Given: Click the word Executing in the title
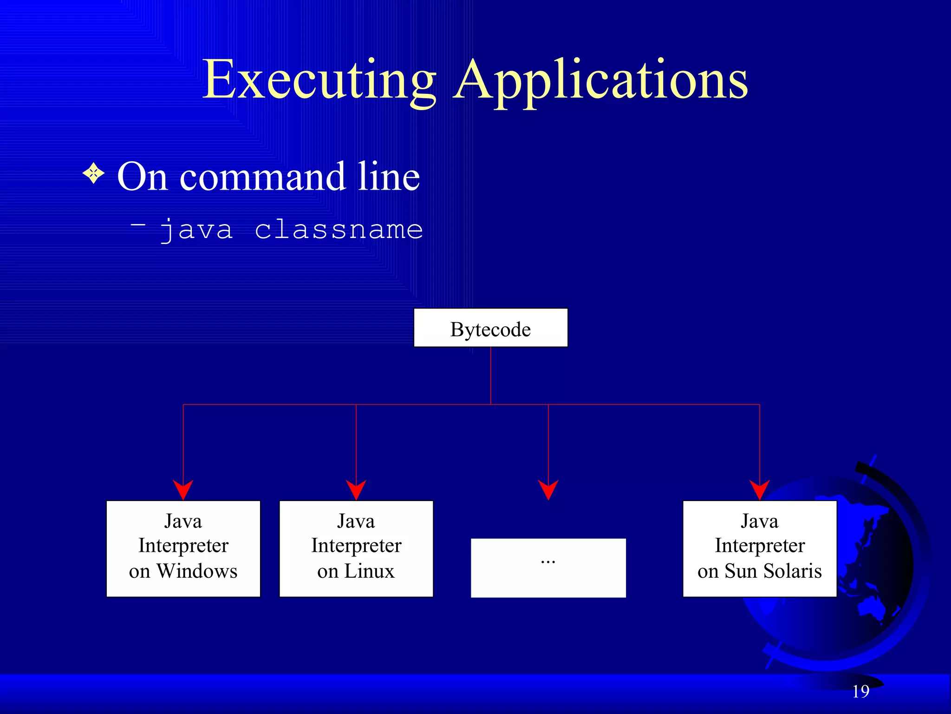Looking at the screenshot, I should [319, 80].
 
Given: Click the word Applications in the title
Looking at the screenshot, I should [601, 80].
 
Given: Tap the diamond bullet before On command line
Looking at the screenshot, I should [94, 173].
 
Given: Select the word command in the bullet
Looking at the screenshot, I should [262, 177].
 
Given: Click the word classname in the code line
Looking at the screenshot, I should [339, 230].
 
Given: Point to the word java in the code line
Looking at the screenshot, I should [196, 230].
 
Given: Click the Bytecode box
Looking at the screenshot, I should [490, 328].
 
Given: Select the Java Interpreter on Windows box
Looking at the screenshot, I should [183, 549].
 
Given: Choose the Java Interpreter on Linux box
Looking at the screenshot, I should [356, 549].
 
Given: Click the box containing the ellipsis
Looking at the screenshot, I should [548, 568].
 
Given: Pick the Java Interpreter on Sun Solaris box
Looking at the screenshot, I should [759, 549].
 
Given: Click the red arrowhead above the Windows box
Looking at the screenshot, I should [183, 489].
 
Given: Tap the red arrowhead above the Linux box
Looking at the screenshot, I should [356, 489].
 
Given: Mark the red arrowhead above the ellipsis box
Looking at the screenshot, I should [548, 489].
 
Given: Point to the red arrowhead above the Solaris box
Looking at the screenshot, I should [759, 489].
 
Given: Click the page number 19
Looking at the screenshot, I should [860, 692].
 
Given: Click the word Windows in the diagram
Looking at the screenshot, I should [197, 571].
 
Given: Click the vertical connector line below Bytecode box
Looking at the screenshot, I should [490, 376].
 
